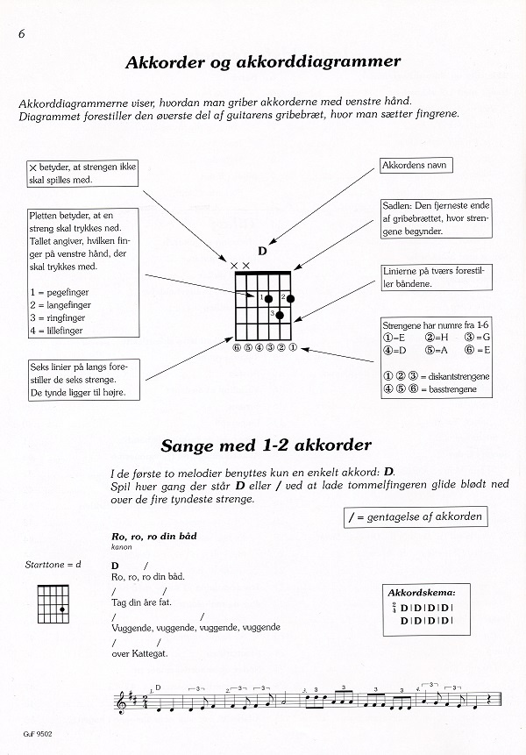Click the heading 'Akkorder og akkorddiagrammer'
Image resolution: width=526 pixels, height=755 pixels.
[263, 63]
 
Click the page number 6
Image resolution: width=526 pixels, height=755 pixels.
[18, 33]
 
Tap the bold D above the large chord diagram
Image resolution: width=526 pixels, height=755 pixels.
[262, 251]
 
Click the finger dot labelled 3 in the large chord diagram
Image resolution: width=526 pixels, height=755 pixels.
[280, 315]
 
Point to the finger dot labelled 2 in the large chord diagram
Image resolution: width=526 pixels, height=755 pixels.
[290, 298]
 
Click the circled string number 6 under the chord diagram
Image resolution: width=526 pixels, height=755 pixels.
[237, 347]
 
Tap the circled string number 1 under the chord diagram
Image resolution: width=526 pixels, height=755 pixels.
[292, 347]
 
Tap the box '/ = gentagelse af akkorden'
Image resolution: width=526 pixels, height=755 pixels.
[416, 516]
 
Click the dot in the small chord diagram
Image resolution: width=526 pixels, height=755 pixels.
[61, 609]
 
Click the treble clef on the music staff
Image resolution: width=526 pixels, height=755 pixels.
[121, 702]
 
